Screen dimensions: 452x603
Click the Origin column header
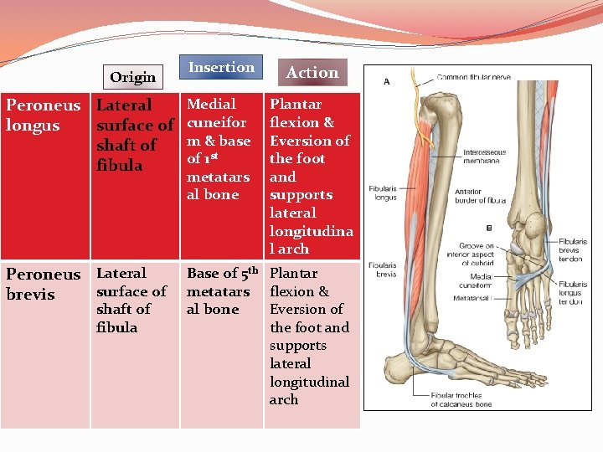pyautogui.click(x=132, y=77)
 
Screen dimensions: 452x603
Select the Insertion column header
pyautogui.click(x=221, y=68)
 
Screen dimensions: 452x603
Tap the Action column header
pyautogui.click(x=312, y=73)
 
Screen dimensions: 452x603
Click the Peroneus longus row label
pyautogui.click(x=44, y=116)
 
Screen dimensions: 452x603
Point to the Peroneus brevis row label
pyautogui.click(x=44, y=284)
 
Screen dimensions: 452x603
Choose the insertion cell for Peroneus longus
pyautogui.click(x=219, y=149)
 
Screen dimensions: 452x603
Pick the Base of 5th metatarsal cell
pyautogui.click(x=221, y=291)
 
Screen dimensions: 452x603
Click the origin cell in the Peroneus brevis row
pyautogui.click(x=131, y=300)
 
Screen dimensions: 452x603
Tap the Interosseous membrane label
pyautogui.click(x=483, y=157)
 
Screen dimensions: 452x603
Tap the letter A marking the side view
pyautogui.click(x=386, y=82)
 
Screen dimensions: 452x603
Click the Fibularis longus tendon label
pyautogui.click(x=575, y=293)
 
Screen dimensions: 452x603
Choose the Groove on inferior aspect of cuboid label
pyautogui.click(x=471, y=256)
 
